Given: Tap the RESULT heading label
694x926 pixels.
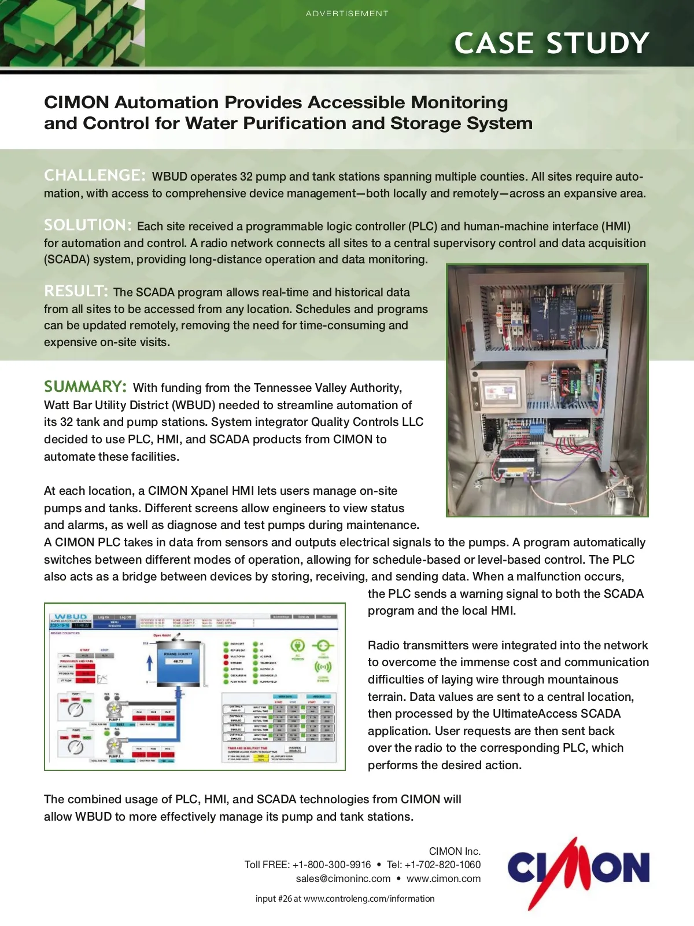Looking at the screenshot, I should [x=76, y=291].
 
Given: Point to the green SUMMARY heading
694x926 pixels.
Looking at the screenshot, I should [x=85, y=387].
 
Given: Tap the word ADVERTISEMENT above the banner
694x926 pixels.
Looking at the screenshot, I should [x=347, y=13].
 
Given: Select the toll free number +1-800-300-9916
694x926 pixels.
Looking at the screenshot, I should [x=331, y=865].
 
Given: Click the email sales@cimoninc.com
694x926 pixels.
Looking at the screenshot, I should [x=343, y=879].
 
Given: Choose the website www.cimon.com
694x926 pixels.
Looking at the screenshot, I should [x=444, y=879].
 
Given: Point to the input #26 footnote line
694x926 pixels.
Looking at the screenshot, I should [x=345, y=899].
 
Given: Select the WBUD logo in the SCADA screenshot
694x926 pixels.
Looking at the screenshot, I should [x=71, y=617].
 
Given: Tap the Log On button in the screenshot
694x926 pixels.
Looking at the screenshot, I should [x=103, y=618].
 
